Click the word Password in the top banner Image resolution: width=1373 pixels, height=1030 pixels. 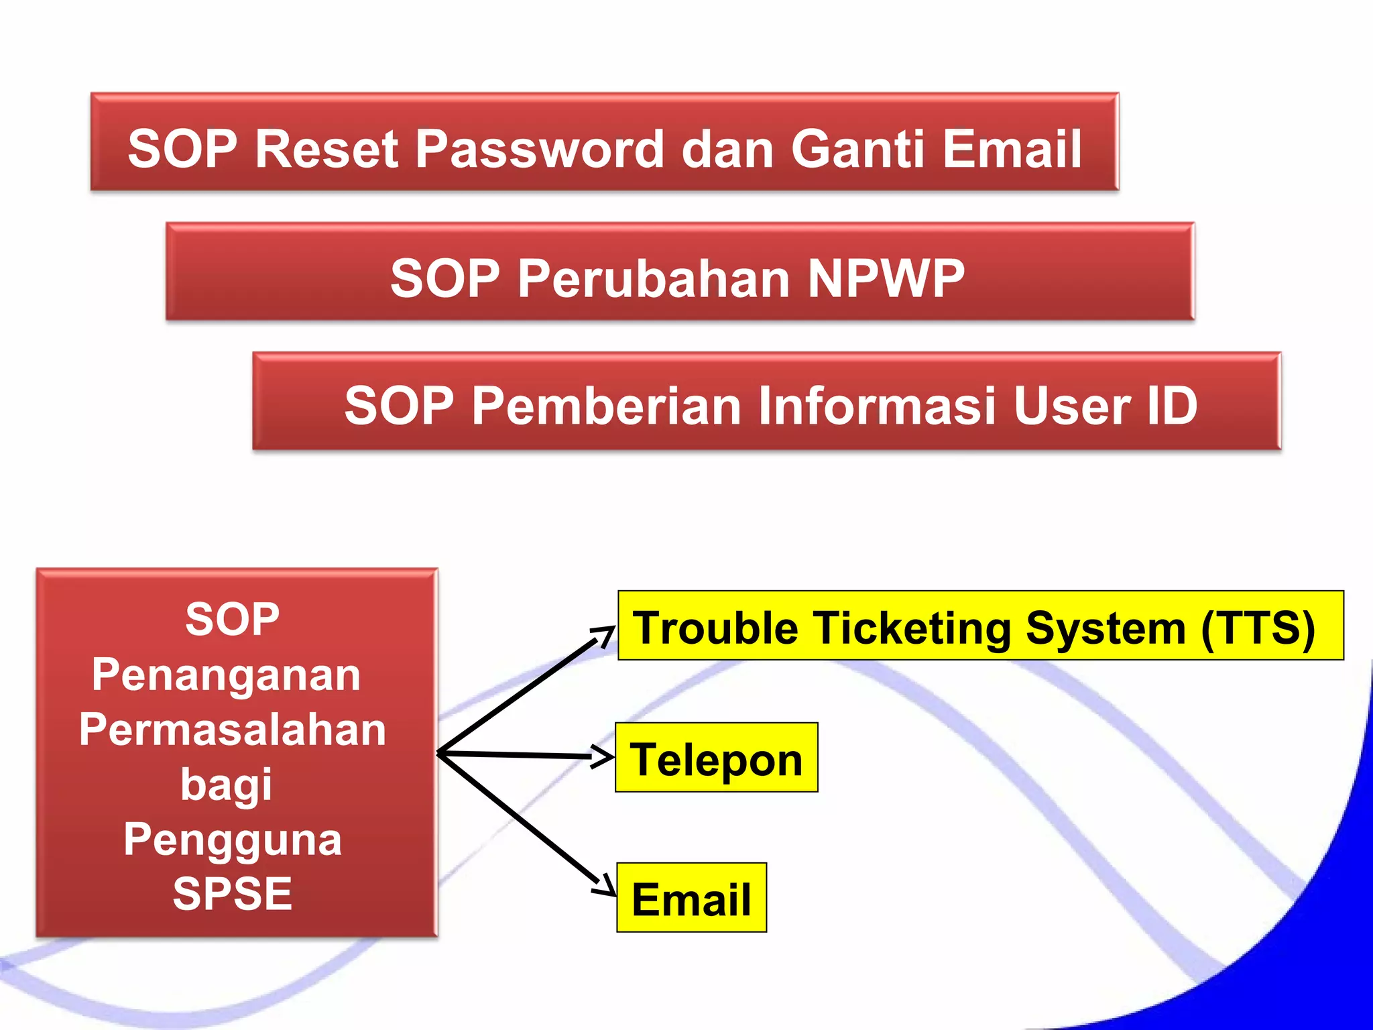(540, 149)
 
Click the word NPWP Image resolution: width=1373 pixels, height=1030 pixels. (886, 278)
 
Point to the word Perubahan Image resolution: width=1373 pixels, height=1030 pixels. (654, 278)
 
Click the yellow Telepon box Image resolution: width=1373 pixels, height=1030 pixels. (716, 758)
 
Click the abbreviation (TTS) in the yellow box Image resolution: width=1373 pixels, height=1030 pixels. (1258, 628)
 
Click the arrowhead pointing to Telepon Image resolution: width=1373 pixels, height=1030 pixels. (605, 756)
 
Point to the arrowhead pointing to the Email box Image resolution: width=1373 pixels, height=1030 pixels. (605, 885)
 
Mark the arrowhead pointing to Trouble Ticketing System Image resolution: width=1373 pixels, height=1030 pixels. (605, 634)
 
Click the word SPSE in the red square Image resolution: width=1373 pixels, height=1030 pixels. (232, 894)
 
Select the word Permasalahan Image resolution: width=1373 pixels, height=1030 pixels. (232, 730)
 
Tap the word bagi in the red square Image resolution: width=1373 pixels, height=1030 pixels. (227, 785)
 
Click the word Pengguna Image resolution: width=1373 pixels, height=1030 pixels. (232, 840)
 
